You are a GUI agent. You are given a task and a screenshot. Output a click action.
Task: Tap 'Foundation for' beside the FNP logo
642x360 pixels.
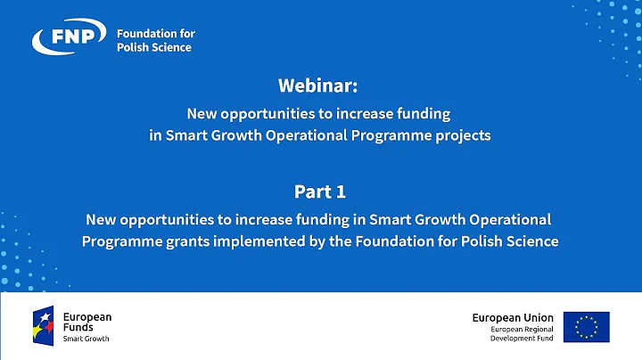(156, 34)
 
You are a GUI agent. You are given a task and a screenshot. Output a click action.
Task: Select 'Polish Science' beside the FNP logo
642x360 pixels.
(154, 47)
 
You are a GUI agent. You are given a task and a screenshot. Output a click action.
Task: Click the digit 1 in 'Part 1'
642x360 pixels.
(341, 192)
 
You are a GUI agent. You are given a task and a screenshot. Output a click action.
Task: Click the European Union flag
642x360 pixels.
(586, 326)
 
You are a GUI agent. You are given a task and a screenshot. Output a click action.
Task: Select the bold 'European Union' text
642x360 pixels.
(513, 317)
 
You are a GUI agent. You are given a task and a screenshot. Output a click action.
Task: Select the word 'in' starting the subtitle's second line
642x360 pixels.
(155, 136)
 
